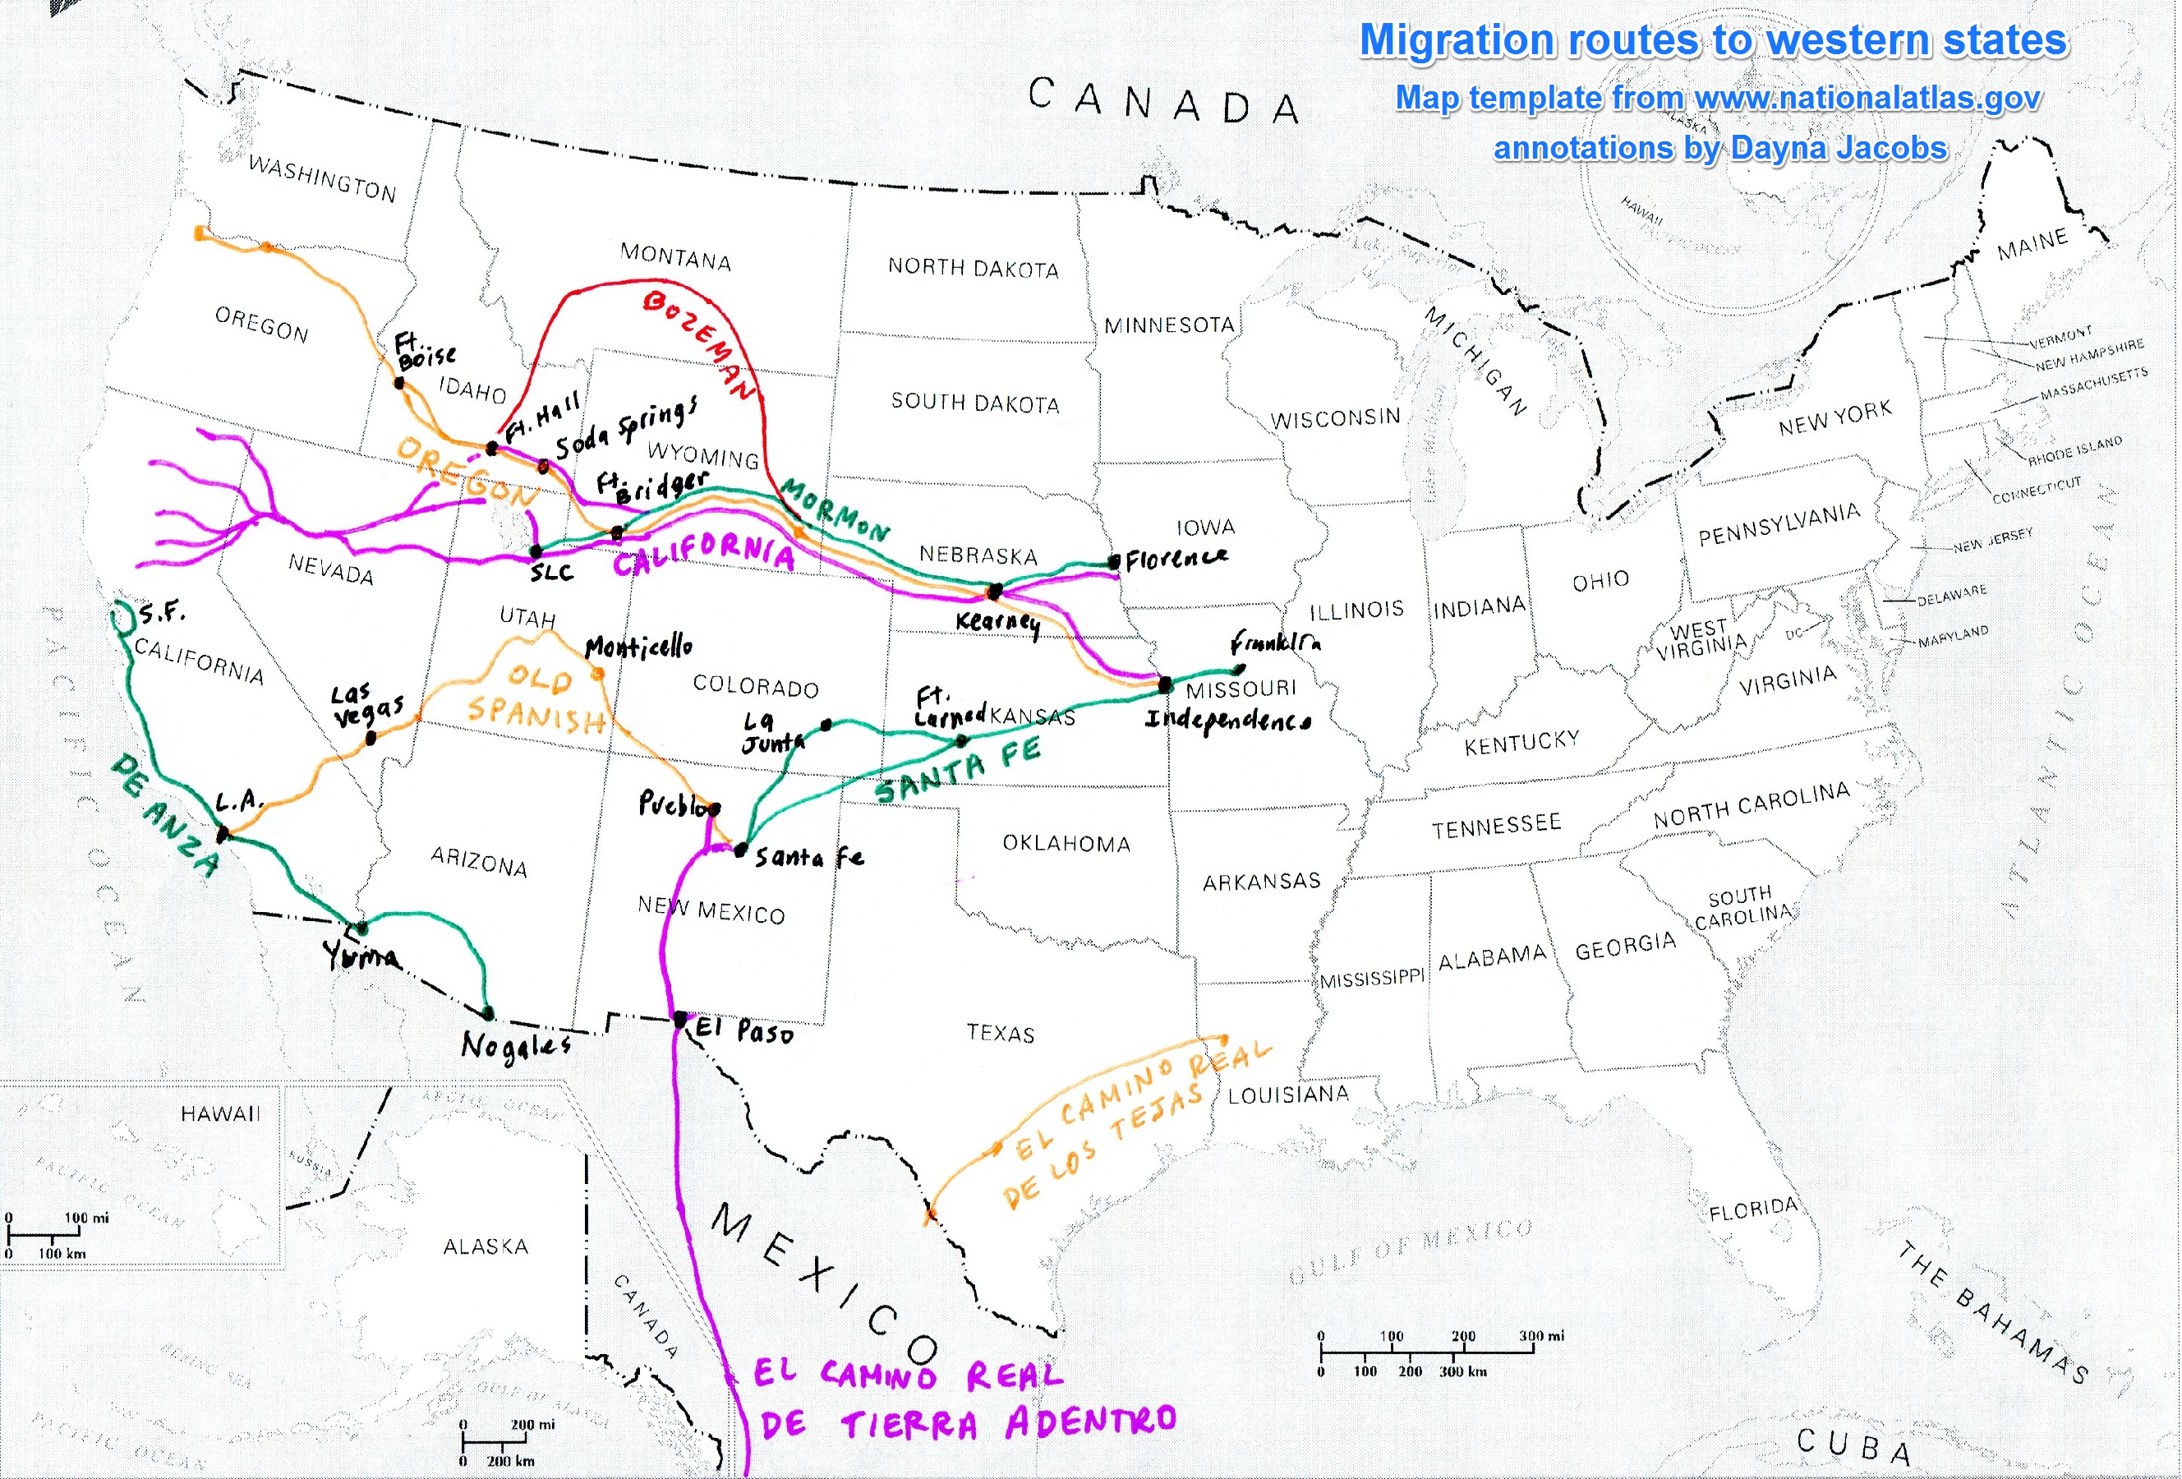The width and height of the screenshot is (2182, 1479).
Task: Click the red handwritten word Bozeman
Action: click(699, 343)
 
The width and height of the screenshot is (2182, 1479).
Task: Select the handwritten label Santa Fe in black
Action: click(809, 856)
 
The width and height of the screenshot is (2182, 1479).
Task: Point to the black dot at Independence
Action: click(1165, 684)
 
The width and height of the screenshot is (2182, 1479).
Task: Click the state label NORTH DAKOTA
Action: click(973, 269)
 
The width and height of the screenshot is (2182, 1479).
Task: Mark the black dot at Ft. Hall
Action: click(492, 449)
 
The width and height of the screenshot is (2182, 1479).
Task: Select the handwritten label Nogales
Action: click(515, 1045)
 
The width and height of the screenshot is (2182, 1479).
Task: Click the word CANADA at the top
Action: click(1163, 101)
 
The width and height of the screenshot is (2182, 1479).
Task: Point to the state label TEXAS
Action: click(1001, 1033)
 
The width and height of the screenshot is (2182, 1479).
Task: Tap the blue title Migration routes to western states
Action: click(1714, 40)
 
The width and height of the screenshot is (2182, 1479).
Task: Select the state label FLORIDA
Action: click(1753, 1209)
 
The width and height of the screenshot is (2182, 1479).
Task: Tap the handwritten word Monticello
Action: click(638, 647)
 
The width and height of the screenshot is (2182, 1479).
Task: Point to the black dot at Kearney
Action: click(995, 592)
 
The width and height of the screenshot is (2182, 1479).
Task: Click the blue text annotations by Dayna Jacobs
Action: click(1720, 149)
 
